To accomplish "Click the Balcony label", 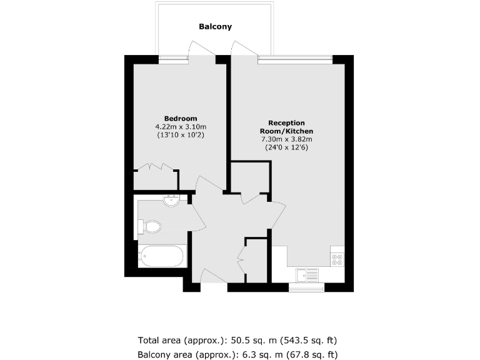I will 215,27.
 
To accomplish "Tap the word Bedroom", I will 181,119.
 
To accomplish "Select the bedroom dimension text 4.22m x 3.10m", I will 181,127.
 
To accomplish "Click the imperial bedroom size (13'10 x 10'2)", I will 181,135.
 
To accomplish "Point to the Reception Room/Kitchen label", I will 286,127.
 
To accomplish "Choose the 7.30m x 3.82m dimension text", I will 286,139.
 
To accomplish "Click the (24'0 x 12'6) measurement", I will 286,147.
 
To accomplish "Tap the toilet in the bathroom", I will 149,226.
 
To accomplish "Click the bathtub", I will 162,256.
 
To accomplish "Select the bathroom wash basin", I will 171,201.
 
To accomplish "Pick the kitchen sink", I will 308,274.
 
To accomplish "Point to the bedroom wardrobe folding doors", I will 156,167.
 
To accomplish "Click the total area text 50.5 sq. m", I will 237,341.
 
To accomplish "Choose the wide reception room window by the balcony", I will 294,59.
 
